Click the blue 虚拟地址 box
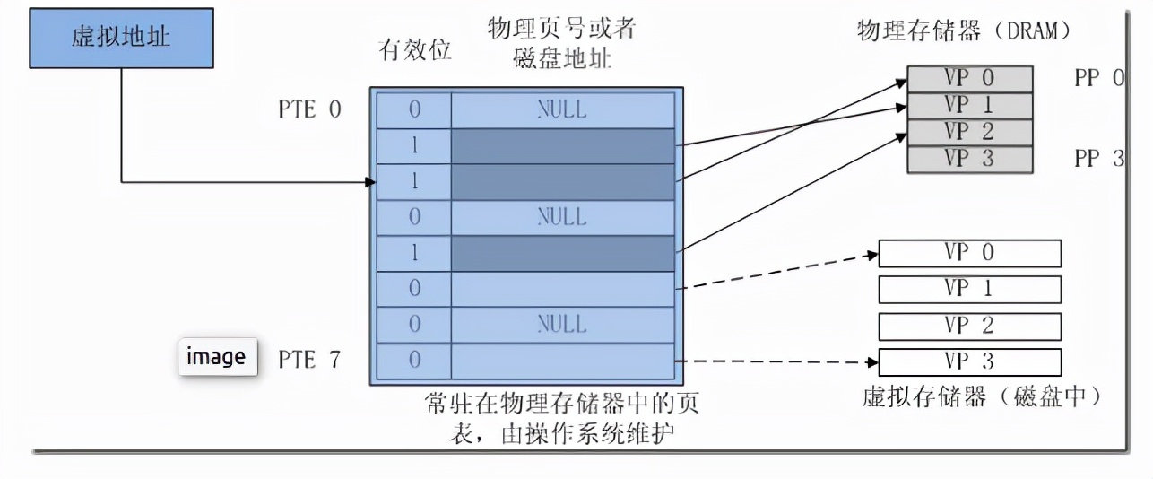pos(121,39)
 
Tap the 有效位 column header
pos(413,50)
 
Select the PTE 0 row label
pos(309,110)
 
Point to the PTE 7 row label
pos(309,361)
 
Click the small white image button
pos(216,356)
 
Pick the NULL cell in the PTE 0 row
pos(562,110)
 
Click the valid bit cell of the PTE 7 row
pos(414,361)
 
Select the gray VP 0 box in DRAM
pos(969,78)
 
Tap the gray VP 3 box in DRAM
pos(969,159)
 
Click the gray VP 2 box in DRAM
pos(969,132)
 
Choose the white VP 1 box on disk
pos(969,289)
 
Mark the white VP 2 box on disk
pos(969,325)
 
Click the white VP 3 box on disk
pos(969,361)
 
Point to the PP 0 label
pos(1098,78)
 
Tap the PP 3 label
pos(1098,159)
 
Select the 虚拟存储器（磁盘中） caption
pos(981,396)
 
